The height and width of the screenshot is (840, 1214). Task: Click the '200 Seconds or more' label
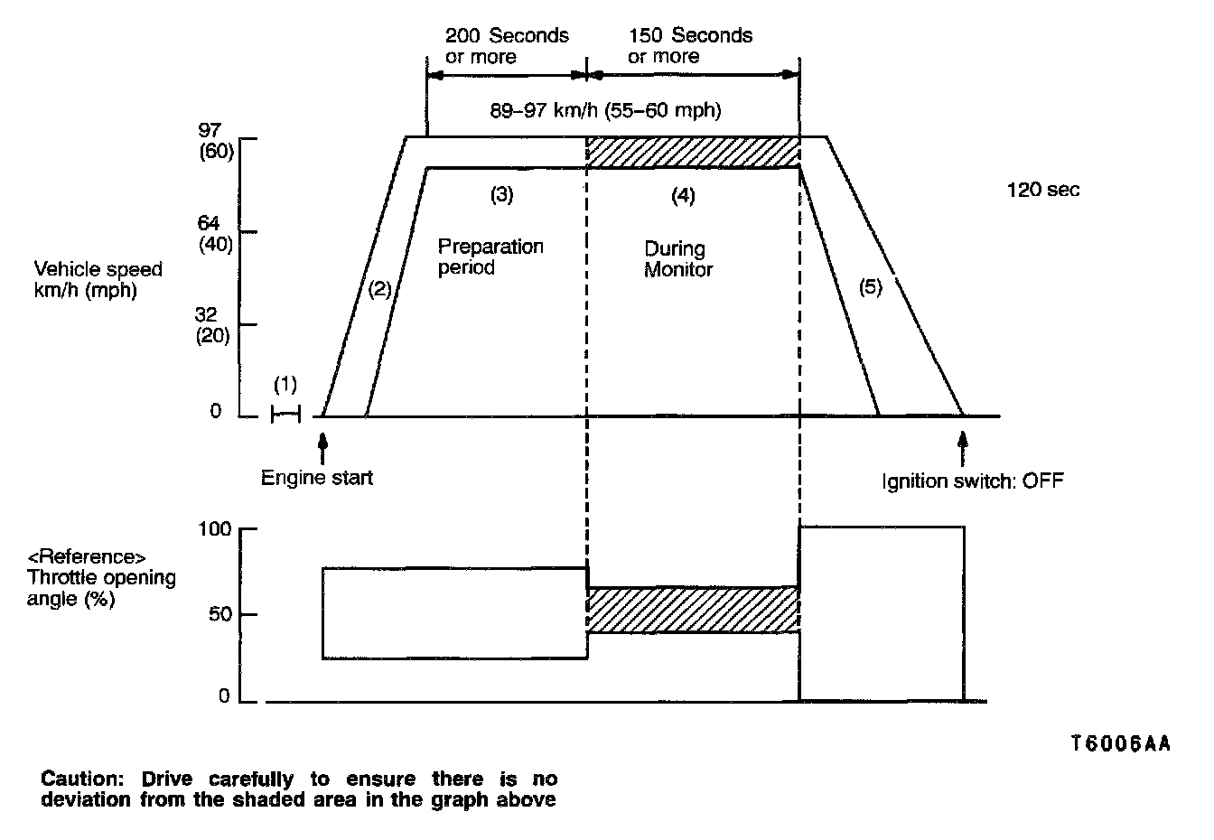coord(506,46)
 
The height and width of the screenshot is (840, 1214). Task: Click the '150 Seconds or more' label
coord(690,46)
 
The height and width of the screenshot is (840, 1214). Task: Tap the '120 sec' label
coord(1042,190)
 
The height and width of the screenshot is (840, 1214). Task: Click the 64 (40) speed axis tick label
coord(215,233)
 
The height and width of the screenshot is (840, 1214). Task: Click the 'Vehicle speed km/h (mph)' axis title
coord(98,280)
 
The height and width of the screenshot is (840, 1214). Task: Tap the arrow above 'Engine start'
coord(322,448)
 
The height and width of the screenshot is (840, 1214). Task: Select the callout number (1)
coord(285,385)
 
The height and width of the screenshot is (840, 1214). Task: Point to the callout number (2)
coord(379,289)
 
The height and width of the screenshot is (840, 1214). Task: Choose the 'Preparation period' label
coord(490,257)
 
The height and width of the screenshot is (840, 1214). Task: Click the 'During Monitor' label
coord(677,259)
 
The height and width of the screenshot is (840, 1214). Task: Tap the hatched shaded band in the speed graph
coord(693,152)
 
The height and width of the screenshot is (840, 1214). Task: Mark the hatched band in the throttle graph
coord(693,610)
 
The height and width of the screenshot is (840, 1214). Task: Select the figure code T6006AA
coord(1119,743)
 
